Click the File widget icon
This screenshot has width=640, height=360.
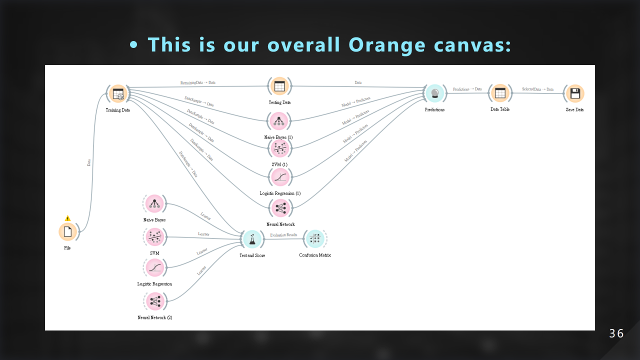[x=67, y=231]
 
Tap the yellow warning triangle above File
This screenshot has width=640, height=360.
[x=67, y=218]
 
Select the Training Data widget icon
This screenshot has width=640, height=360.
[x=118, y=93]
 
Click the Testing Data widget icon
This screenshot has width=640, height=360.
[x=279, y=86]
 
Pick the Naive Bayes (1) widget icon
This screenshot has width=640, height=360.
[x=278, y=121]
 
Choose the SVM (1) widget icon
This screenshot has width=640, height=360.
[x=279, y=148]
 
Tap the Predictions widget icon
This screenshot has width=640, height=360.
[x=434, y=93]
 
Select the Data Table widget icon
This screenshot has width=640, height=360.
[x=499, y=93]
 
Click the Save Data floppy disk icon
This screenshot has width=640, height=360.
[x=574, y=93]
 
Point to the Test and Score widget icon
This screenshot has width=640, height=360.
[x=252, y=239]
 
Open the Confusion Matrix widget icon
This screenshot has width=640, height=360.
[x=314, y=239]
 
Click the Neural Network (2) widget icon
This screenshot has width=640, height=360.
[x=154, y=301]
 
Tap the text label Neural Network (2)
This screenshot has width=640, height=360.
[x=154, y=317]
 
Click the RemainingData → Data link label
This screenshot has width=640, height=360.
[x=198, y=82]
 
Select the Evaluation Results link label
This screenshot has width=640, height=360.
[x=283, y=234]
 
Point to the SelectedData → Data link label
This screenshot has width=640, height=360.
[x=537, y=89]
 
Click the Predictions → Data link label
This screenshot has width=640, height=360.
[x=467, y=89]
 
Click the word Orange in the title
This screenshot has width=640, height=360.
[x=387, y=44]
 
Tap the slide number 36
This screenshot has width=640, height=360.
[x=616, y=333]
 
